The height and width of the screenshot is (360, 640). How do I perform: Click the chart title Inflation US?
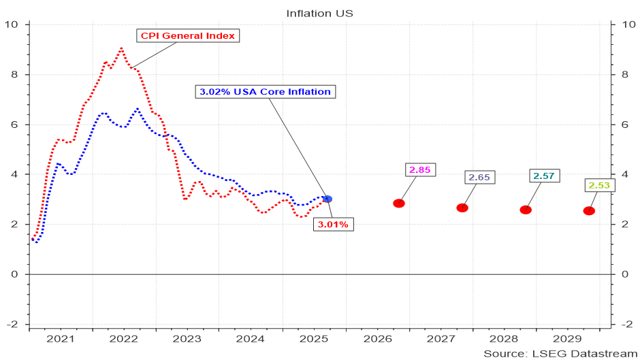click(x=320, y=13)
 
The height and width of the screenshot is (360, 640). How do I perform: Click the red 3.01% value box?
click(x=334, y=224)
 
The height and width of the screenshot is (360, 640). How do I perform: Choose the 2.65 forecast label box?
click(x=479, y=178)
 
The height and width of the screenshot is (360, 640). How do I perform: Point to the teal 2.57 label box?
click(x=543, y=176)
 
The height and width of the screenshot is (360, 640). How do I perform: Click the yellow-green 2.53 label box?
click(x=599, y=185)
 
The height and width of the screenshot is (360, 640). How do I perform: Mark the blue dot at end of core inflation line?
click(x=327, y=199)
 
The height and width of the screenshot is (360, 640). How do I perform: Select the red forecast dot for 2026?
click(x=399, y=203)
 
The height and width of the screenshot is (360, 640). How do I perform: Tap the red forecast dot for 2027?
click(x=462, y=208)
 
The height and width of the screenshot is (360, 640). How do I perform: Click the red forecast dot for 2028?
click(x=526, y=210)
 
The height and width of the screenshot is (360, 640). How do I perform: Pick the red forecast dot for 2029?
click(x=589, y=211)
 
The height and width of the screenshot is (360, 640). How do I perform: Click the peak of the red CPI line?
click(x=121, y=48)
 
